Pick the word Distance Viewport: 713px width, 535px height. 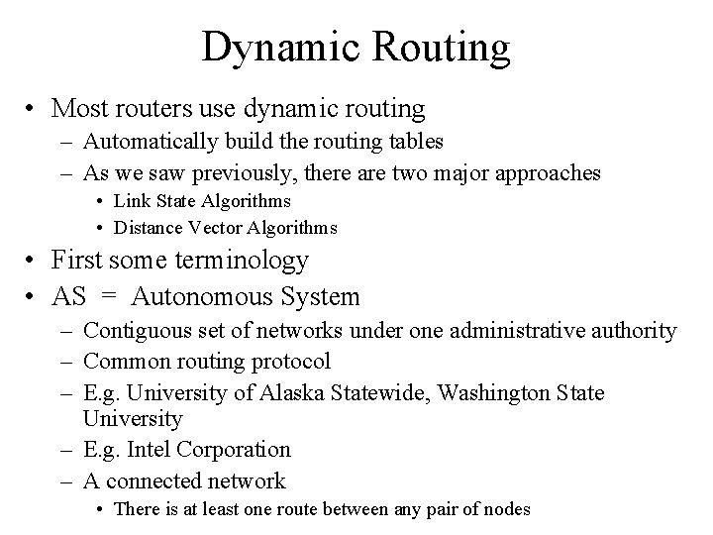pyautogui.click(x=148, y=228)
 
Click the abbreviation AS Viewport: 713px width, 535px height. pyautogui.click(x=69, y=296)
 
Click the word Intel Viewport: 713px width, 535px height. pyautogui.click(x=147, y=450)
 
